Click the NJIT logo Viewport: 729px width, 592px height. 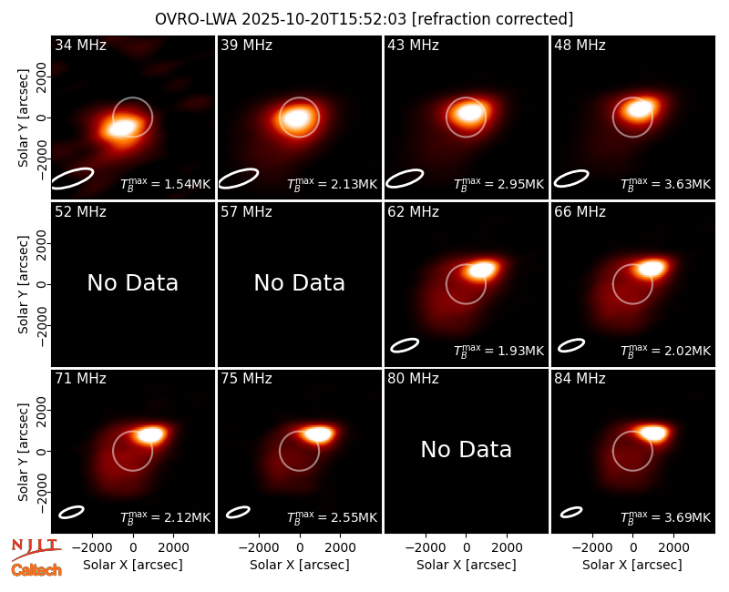(36, 549)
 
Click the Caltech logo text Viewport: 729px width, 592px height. (36, 570)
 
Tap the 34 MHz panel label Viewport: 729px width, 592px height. (80, 45)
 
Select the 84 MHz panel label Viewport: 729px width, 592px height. (580, 379)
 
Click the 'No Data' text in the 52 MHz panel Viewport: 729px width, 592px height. (133, 282)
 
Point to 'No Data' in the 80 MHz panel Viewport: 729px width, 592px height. (467, 449)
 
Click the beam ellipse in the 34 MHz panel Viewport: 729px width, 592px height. (72, 179)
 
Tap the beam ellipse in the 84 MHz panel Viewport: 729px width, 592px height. (571, 512)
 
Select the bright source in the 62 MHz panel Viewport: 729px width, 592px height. (482, 270)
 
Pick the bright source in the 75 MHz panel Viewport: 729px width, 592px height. (318, 434)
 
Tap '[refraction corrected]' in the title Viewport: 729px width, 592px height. (492, 19)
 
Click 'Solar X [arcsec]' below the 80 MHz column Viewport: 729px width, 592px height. (467, 565)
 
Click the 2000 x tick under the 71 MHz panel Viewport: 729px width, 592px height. (173, 548)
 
